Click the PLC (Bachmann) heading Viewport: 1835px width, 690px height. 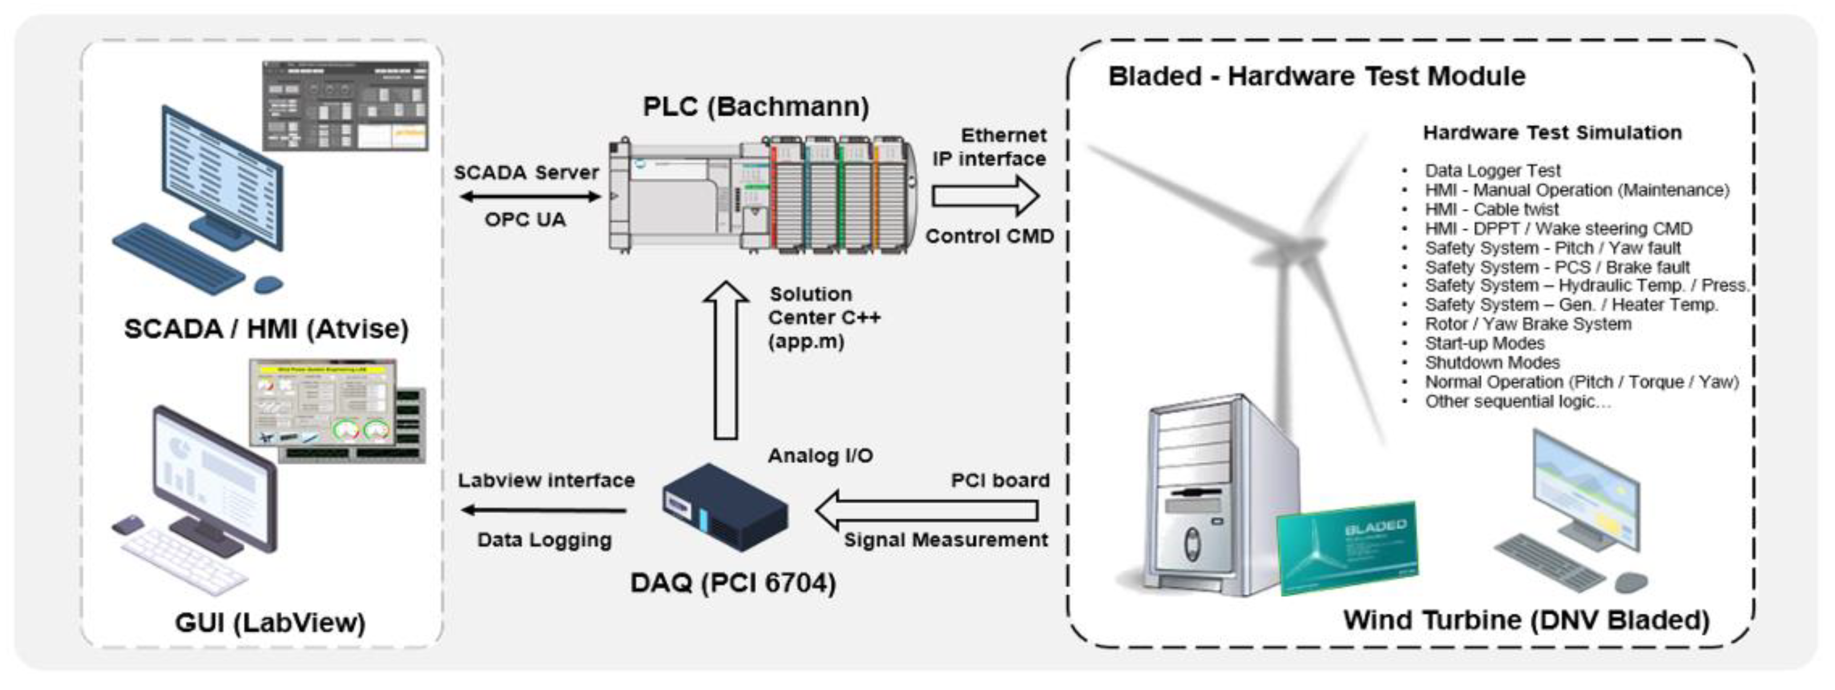[756, 107]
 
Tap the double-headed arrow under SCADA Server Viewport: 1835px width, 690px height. [529, 196]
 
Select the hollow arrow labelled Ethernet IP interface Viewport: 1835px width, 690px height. [985, 196]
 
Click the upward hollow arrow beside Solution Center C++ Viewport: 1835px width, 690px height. [725, 360]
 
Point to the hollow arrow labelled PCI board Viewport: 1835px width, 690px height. [926, 510]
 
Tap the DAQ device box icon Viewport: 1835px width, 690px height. [724, 508]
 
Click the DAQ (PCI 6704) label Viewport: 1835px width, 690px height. [733, 583]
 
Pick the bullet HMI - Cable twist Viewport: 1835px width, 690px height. [1491, 209]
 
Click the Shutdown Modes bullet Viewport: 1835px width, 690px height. [1491, 362]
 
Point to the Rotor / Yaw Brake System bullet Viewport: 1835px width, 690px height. [1527, 324]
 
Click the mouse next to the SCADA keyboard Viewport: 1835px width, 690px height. [269, 284]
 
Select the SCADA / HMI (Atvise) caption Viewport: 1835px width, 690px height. [267, 329]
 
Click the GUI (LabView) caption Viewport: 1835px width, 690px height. [270, 622]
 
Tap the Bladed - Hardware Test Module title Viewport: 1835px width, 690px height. [1316, 76]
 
